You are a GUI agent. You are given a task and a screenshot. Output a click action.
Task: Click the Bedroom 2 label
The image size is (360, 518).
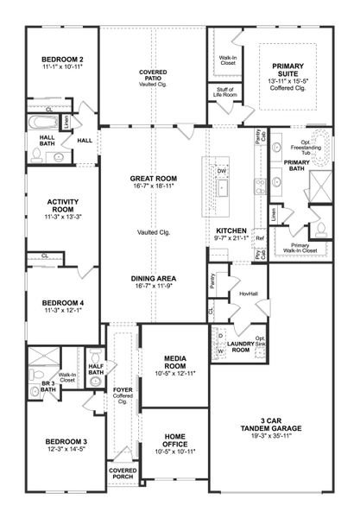pos(60,59)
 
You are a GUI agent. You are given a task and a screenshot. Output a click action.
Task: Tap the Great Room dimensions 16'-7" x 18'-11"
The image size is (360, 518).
pos(153,185)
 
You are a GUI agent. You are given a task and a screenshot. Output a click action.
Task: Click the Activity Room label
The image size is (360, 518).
pos(62,204)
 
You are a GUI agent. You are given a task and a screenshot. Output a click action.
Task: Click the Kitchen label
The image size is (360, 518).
pos(231,231)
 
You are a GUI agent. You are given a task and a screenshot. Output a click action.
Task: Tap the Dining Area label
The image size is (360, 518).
pos(153,278)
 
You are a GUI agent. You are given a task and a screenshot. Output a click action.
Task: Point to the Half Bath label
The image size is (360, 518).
pos(96,369)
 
